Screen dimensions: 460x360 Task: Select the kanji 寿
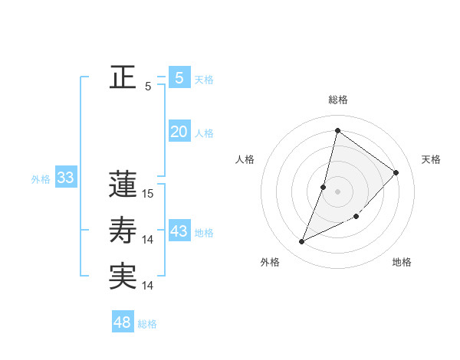tap(123, 230)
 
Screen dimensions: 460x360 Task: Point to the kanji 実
tap(123, 276)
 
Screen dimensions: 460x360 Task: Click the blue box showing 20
tap(179, 131)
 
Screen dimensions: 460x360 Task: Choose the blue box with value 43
tap(179, 231)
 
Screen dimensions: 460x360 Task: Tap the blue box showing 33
tap(65, 178)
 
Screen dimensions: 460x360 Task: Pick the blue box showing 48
tap(123, 322)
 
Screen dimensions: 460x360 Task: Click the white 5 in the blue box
tap(179, 77)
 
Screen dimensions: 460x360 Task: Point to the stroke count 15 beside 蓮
tap(148, 195)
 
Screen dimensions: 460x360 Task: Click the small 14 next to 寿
tap(148, 240)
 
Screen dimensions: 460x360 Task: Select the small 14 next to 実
tap(148, 286)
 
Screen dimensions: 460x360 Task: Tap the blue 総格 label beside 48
tap(147, 324)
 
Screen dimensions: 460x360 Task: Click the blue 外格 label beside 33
tap(41, 179)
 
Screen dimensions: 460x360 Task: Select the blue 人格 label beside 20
tap(204, 133)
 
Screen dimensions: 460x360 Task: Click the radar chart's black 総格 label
tap(338, 100)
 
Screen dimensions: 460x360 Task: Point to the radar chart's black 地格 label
tap(402, 262)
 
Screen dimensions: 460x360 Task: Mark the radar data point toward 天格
tap(396, 172)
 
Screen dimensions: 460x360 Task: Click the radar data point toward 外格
tap(302, 242)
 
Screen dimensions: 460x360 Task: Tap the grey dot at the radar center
tap(337, 191)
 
